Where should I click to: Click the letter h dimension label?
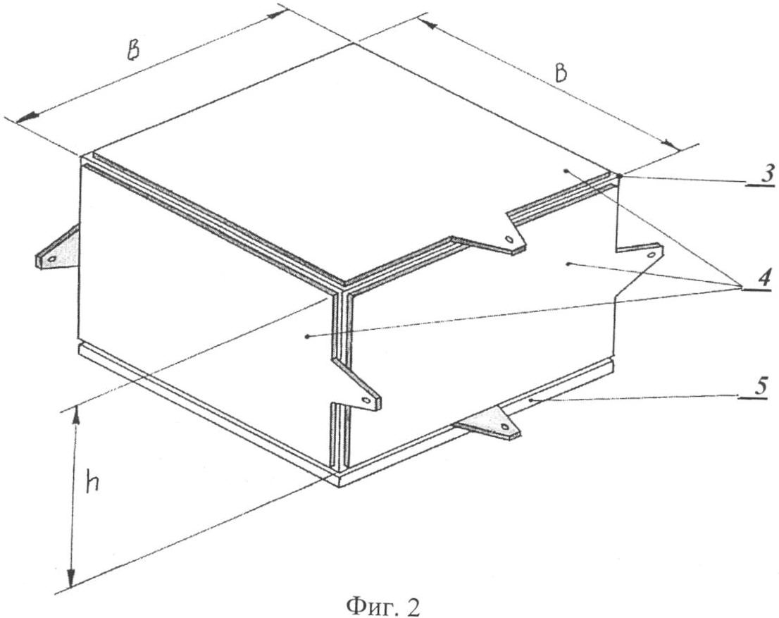[x=92, y=481]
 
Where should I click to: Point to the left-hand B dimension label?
[x=132, y=52]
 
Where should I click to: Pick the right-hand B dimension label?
[x=561, y=73]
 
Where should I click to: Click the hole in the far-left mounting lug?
[x=51, y=259]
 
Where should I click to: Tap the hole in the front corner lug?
[x=367, y=400]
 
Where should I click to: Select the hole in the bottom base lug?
[x=505, y=426]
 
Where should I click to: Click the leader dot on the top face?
[x=566, y=171]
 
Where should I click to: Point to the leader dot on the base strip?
[x=530, y=400]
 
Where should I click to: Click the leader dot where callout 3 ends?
[x=619, y=176]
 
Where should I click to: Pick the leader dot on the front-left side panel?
[x=308, y=337]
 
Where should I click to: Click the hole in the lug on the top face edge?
[x=510, y=239]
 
